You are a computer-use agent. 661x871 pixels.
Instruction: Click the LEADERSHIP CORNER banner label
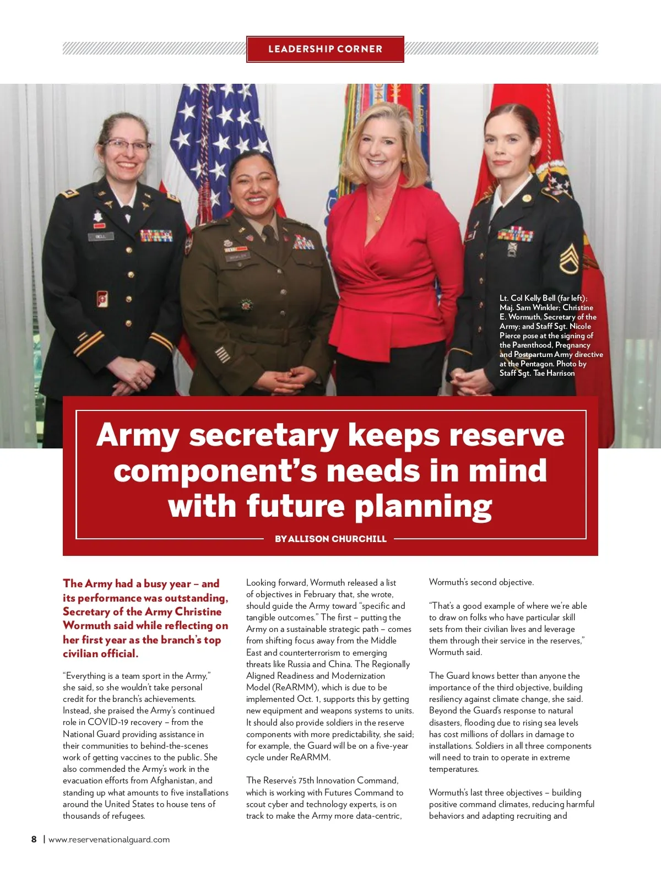[x=325, y=49]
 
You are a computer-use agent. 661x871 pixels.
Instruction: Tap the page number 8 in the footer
[x=34, y=840]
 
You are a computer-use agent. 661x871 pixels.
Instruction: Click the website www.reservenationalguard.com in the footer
[x=109, y=840]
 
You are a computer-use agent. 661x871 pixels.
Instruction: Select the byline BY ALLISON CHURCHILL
[x=330, y=539]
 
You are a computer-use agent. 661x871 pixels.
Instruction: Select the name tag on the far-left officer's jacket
[x=101, y=236]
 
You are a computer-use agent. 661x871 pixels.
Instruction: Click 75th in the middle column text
[x=306, y=781]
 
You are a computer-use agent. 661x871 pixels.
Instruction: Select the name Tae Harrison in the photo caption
[x=554, y=373]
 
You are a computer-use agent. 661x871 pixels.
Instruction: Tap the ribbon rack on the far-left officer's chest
[x=156, y=236]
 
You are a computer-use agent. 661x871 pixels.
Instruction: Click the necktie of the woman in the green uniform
[x=269, y=234]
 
